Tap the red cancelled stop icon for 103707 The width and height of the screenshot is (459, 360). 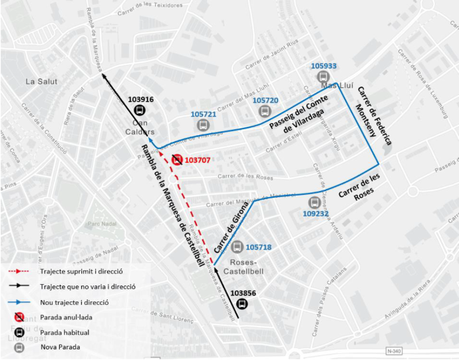click(x=177, y=160)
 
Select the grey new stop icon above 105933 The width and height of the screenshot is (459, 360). click(x=324, y=77)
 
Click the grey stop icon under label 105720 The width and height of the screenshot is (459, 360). click(x=265, y=111)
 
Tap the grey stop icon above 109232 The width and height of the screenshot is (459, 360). click(x=315, y=202)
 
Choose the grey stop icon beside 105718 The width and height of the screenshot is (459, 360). click(x=237, y=247)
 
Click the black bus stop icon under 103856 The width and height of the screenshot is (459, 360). click(x=241, y=304)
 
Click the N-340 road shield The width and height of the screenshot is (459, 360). click(x=395, y=351)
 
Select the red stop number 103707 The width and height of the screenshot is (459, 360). click(x=202, y=160)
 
